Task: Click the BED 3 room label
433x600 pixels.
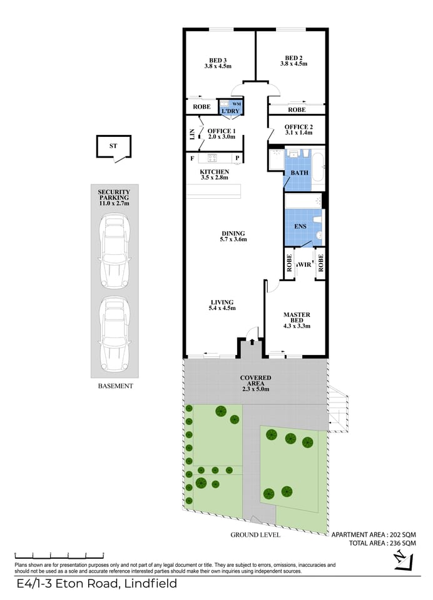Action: [218, 60]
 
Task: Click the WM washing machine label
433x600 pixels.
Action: [236, 104]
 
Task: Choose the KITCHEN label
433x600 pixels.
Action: [214, 172]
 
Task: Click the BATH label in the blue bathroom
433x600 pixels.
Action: [299, 172]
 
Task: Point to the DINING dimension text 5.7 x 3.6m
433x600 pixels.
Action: [233, 239]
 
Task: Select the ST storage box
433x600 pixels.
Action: [113, 147]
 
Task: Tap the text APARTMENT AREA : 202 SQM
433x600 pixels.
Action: [373, 535]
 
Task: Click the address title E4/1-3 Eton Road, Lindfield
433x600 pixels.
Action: [96, 584]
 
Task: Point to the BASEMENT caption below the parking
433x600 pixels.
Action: [115, 386]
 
